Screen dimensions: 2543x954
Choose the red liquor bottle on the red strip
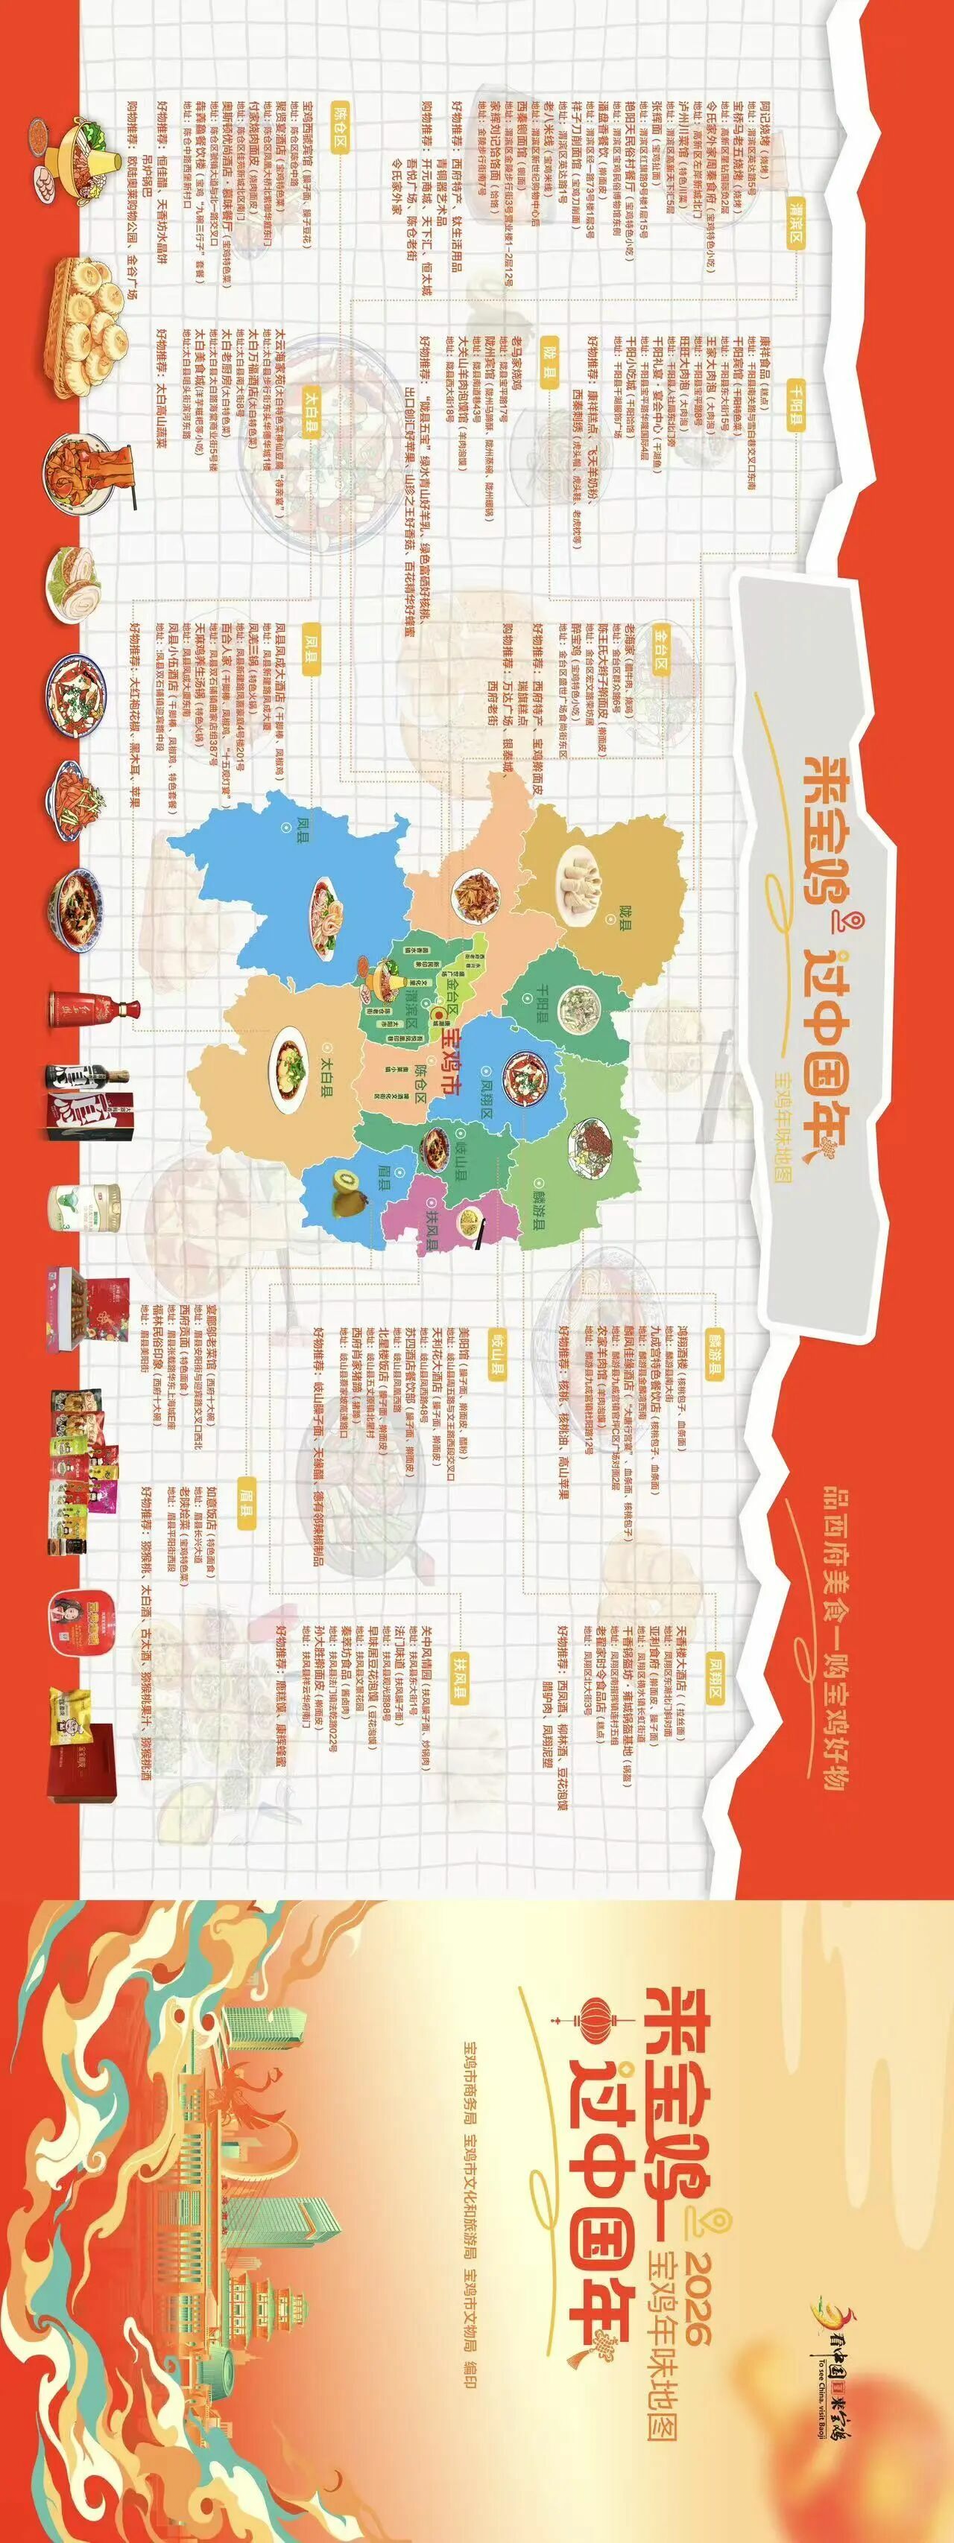coord(94,1008)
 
